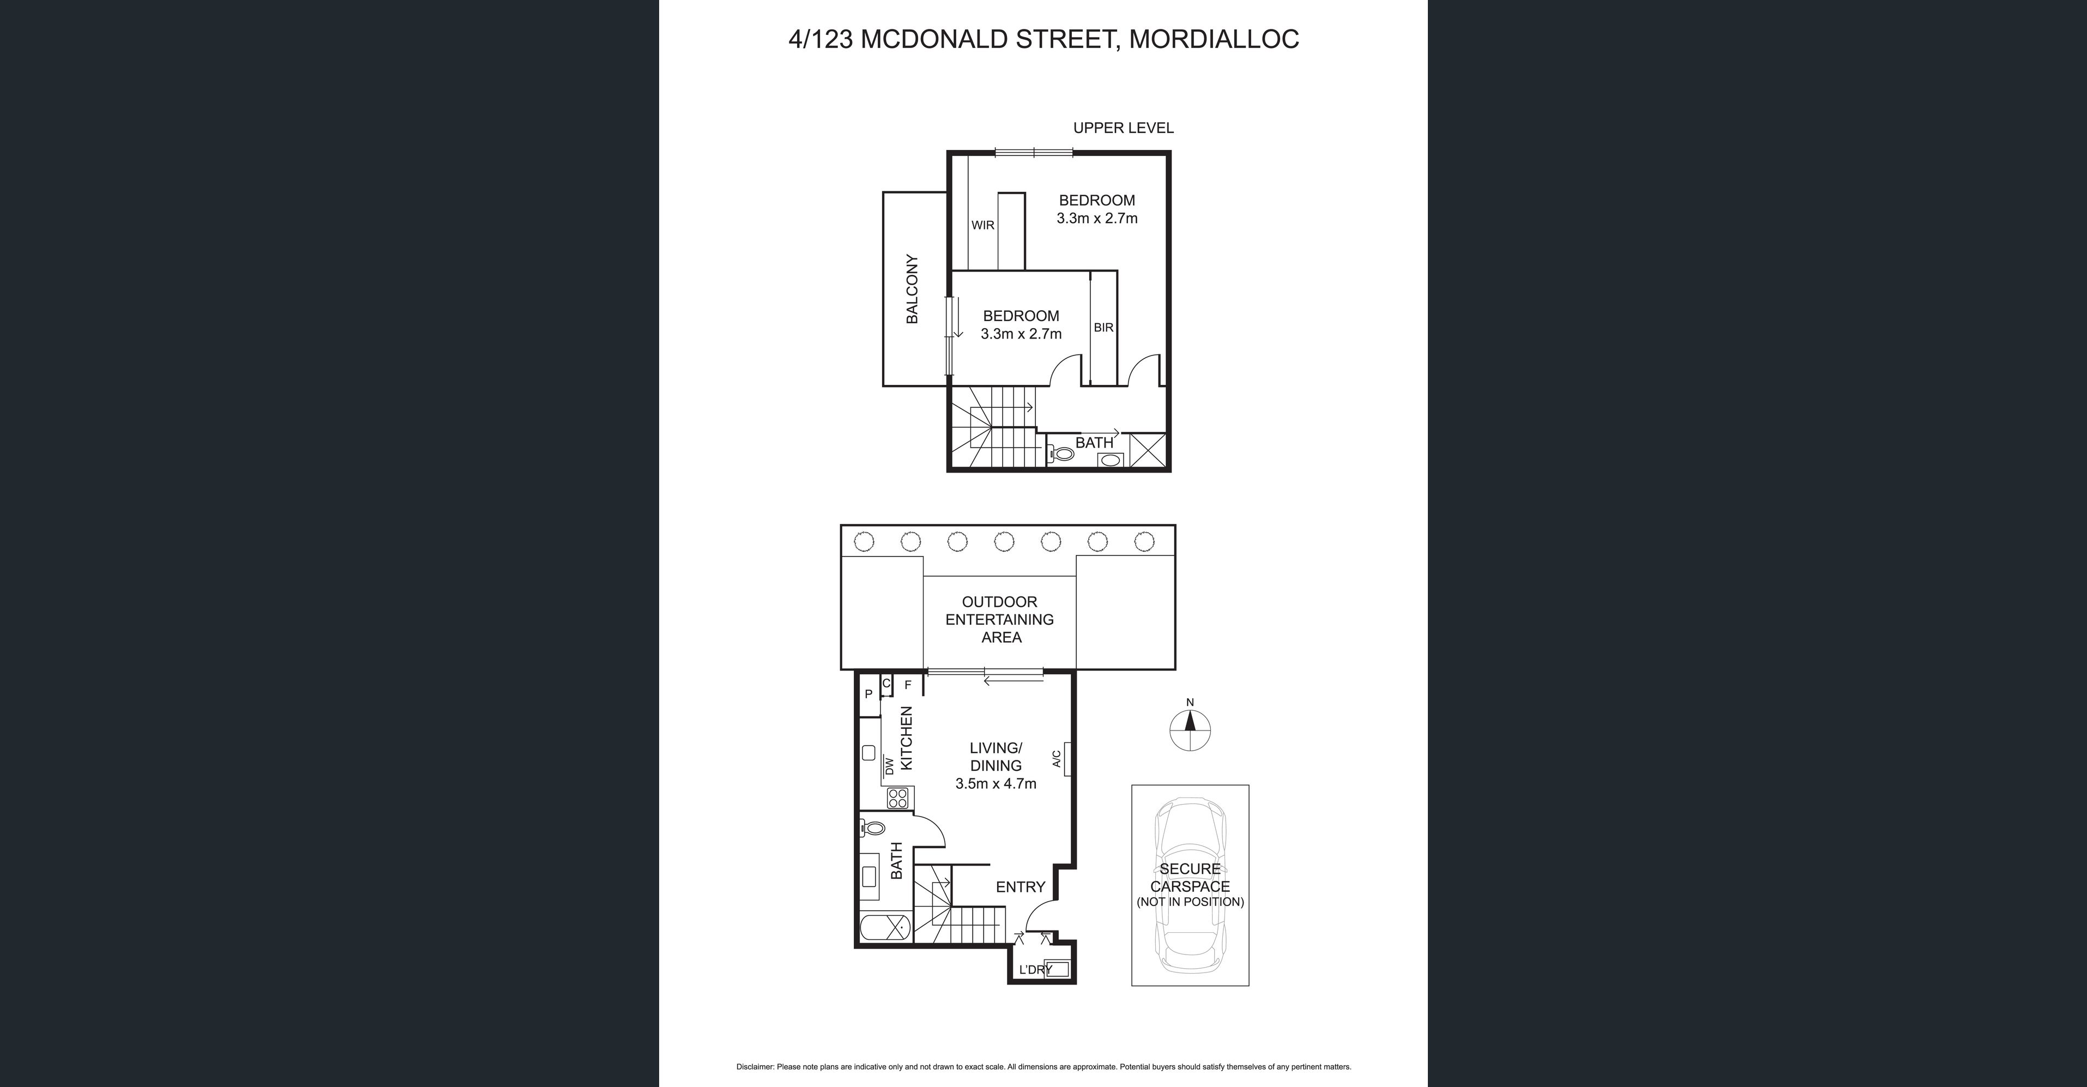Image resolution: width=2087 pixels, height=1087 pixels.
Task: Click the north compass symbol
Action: [x=1190, y=730]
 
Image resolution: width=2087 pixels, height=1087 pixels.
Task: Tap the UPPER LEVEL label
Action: [x=1123, y=128]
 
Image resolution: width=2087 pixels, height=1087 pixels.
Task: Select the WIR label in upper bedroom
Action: [x=983, y=225]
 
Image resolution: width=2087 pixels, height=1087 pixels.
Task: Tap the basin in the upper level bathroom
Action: [x=1110, y=461]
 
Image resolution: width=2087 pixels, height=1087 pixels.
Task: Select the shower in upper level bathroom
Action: [x=1148, y=451]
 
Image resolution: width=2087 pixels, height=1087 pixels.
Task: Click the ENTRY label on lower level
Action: [x=1020, y=887]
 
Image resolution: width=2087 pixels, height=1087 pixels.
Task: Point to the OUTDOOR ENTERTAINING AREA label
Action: [x=999, y=620]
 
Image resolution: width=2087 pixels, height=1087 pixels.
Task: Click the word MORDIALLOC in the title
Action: [x=1214, y=39]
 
